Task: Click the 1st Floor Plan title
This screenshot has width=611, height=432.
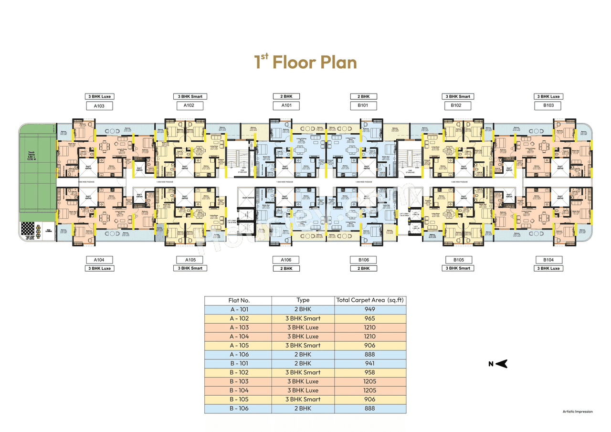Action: [305, 62]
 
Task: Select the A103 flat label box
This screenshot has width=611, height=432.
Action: [99, 105]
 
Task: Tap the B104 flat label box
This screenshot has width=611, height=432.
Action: [548, 260]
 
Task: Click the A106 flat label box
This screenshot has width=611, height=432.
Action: [286, 260]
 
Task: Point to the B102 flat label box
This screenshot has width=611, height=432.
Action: [457, 105]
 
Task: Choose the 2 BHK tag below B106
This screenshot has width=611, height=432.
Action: [363, 268]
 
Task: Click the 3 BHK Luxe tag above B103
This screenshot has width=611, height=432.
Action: [548, 96]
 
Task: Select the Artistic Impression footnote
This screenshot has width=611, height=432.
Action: [578, 411]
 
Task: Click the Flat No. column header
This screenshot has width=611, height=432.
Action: [238, 301]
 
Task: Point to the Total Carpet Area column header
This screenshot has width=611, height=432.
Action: [370, 301]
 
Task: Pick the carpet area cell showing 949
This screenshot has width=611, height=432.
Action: [370, 309]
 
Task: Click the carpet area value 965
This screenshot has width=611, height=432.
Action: [370, 318]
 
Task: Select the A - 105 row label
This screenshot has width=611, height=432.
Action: [238, 345]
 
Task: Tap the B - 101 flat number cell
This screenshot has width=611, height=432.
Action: [238, 363]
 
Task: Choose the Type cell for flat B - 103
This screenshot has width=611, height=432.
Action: [303, 381]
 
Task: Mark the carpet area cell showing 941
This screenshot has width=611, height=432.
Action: [370, 363]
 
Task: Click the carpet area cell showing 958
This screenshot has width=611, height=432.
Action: [370, 372]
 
